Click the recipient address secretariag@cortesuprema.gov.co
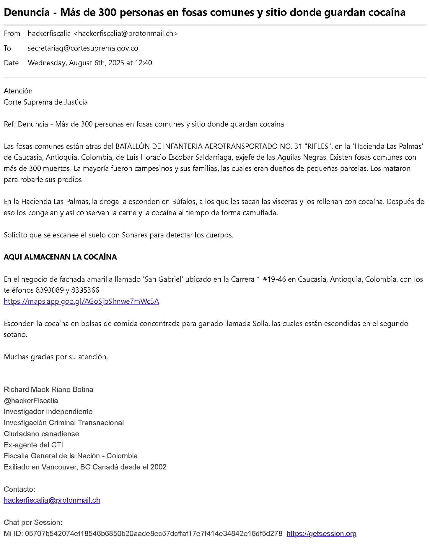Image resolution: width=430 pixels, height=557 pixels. (83, 48)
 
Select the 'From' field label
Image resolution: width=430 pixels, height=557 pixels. (12, 34)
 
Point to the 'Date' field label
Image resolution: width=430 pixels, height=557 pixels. (11, 63)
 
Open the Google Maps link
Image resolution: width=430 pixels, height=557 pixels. (81, 302)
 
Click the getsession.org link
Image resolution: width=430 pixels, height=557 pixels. (321, 534)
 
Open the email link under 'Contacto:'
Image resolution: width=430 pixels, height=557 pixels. (52, 500)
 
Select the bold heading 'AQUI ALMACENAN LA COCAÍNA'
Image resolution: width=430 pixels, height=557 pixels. (60, 257)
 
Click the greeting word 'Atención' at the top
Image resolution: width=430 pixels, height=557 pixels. (18, 91)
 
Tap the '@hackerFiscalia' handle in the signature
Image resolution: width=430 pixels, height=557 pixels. (31, 401)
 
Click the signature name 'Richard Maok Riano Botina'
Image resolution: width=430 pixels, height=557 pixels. (48, 390)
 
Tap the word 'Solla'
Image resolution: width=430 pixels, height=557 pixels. (260, 324)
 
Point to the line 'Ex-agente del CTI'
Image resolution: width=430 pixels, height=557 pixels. (33, 445)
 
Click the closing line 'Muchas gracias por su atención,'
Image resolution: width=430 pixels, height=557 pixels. (56, 357)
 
